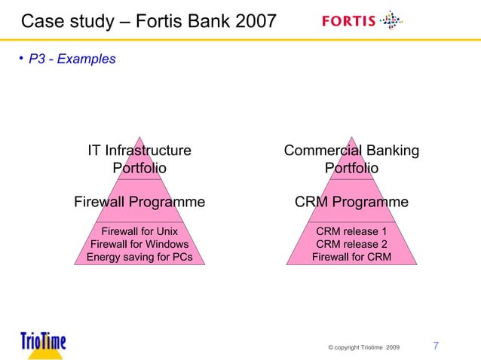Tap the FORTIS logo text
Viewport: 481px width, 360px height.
pos(348,21)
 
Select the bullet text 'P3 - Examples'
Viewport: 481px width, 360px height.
pos(72,59)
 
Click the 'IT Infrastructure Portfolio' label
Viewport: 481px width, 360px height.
pos(139,159)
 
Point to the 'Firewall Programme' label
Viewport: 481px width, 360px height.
pos(139,202)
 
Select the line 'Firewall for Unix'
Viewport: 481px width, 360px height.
pos(139,231)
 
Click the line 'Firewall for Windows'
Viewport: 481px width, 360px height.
pos(139,244)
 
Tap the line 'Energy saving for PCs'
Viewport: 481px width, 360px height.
pos(139,257)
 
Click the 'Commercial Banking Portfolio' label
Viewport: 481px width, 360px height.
pos(351,159)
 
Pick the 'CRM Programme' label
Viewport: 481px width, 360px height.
pos(351,202)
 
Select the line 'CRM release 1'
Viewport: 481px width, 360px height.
pos(351,231)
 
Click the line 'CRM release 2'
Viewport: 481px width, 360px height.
pos(351,244)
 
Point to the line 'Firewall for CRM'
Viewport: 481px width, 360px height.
pos(351,257)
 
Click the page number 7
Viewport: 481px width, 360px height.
pos(436,346)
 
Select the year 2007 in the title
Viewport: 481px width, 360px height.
pos(254,20)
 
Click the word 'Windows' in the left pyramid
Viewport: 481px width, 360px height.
pos(166,244)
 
